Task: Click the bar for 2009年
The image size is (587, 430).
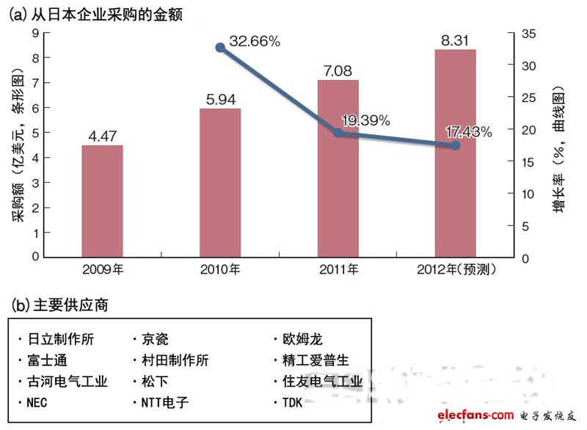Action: (x=102, y=201)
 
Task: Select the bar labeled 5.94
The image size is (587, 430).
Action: (x=220, y=183)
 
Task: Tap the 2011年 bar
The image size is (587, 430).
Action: (x=338, y=169)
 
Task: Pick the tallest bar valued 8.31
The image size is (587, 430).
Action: (x=455, y=153)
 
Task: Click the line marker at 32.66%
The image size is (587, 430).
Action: (x=220, y=48)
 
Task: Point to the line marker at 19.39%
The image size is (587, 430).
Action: (x=338, y=133)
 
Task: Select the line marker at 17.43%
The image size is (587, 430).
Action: (x=455, y=145)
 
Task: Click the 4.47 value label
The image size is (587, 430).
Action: (x=102, y=135)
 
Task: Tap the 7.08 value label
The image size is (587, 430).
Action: (x=338, y=70)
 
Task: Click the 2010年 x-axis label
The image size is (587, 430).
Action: (x=220, y=270)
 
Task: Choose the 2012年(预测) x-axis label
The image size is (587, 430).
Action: (x=455, y=270)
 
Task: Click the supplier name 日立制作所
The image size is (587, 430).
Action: (x=62, y=340)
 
